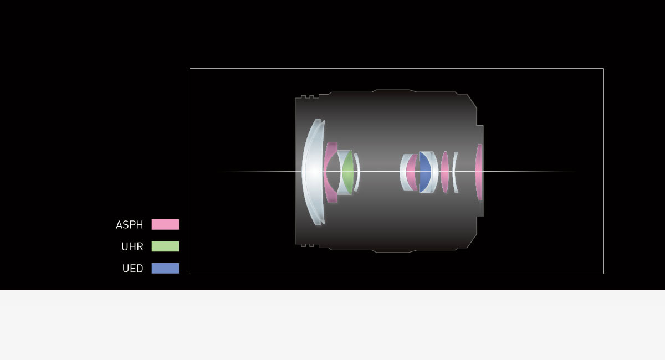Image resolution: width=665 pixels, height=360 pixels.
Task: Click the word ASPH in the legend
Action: [130, 225]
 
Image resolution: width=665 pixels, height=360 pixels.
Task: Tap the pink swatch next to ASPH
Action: [165, 224]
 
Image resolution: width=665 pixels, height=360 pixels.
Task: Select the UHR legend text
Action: [132, 246]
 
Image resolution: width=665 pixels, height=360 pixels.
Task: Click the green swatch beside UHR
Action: [165, 246]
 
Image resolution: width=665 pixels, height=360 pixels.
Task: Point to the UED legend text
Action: [132, 269]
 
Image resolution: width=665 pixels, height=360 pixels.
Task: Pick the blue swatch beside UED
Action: [165, 268]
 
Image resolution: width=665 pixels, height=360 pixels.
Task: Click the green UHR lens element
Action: [348, 172]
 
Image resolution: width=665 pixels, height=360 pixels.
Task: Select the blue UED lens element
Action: [424, 172]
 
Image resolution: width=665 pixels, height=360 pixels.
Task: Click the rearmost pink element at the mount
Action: [478, 172]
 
